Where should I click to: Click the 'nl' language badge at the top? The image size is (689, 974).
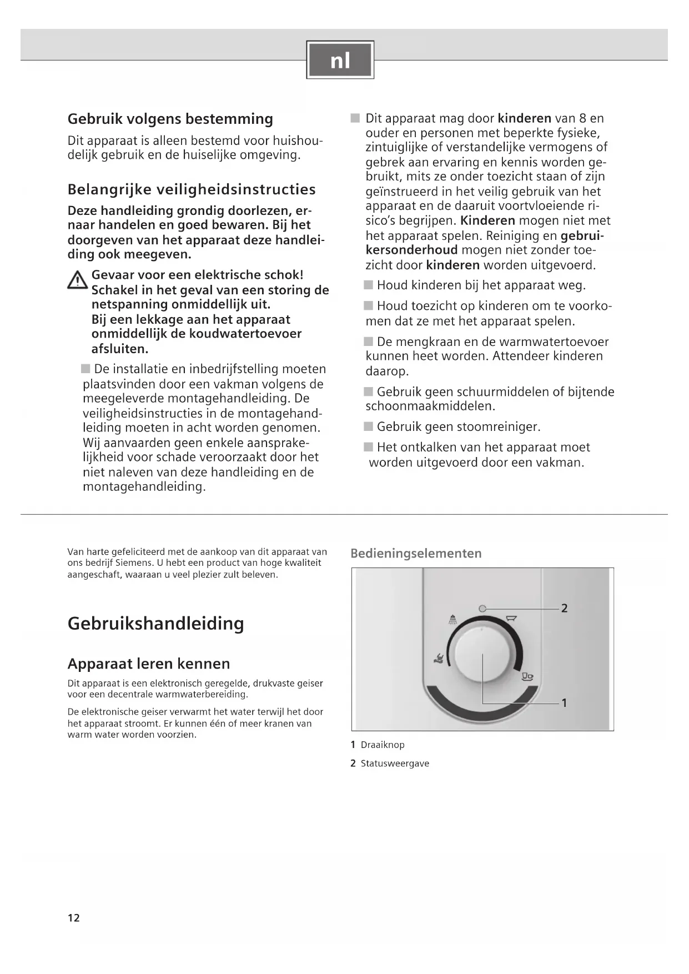340,60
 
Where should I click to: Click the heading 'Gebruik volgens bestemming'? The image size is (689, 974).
170,119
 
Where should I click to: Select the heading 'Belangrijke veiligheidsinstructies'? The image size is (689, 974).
192,189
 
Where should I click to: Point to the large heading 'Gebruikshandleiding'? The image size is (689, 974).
155,623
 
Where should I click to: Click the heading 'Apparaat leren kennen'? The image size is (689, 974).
148,664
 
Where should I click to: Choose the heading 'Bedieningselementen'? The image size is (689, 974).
416,553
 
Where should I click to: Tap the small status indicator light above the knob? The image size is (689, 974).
482,609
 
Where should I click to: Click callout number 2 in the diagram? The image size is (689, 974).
564,609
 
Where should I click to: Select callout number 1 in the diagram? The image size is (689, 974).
564,703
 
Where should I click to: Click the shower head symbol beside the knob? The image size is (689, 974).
453,620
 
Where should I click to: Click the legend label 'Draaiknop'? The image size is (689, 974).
383,745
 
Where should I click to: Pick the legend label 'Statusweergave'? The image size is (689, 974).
395,764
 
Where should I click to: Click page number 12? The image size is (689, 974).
74,918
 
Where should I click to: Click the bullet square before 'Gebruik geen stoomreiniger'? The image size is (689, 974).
369,426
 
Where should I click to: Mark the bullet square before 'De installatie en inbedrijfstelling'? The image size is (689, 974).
86,369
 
